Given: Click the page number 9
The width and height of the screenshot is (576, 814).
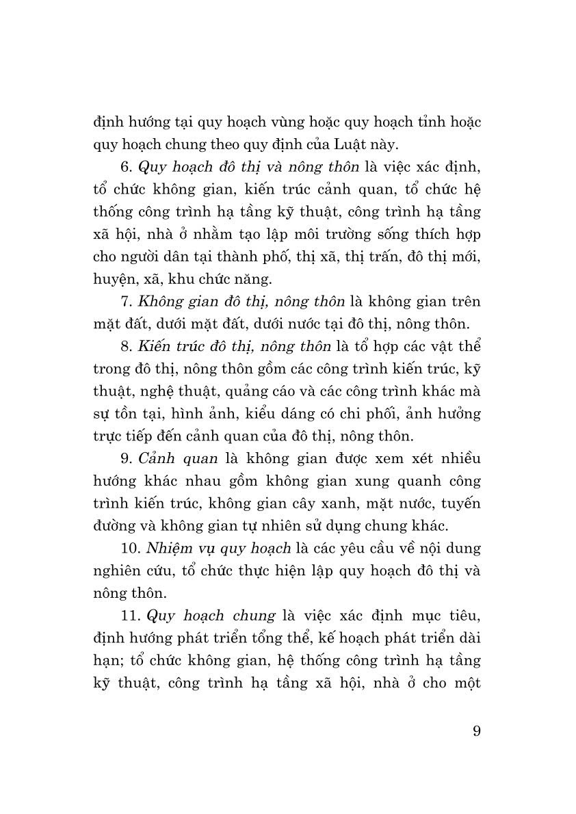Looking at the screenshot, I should pos(476,731).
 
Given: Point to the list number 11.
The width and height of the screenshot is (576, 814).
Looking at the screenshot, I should pos(128,616).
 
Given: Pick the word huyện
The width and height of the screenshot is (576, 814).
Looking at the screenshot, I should pos(112,279).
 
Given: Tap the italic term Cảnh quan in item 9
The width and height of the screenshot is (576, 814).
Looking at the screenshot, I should pos(168,458).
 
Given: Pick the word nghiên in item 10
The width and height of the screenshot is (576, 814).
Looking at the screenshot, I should pos(116,571).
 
